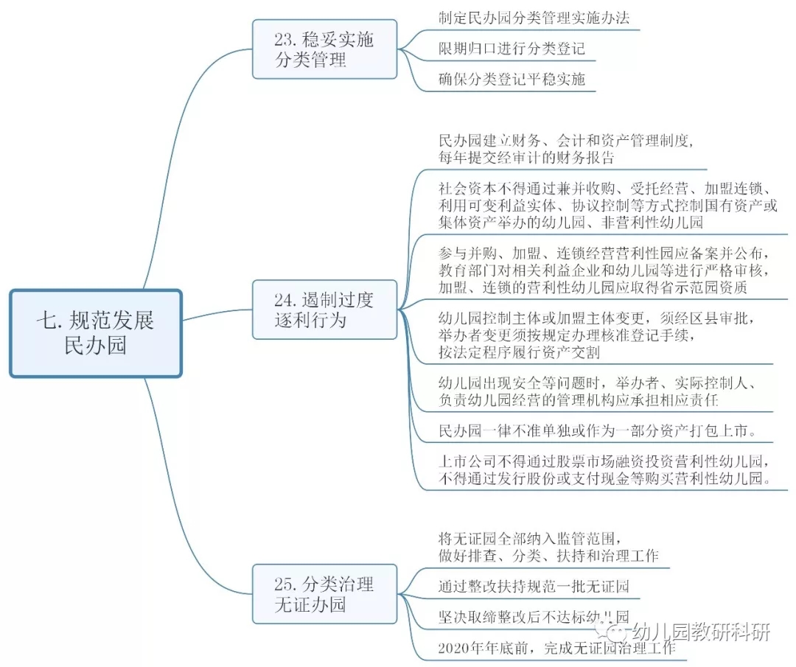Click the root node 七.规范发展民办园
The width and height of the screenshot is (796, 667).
[x=96, y=333]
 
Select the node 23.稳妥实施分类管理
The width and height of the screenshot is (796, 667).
[x=324, y=49]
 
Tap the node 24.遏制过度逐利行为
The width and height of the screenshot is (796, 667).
[x=324, y=310]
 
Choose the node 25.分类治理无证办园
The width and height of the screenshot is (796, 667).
[x=324, y=595]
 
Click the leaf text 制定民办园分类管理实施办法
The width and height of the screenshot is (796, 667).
[x=534, y=18]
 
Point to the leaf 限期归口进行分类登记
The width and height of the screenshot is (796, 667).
[x=512, y=49]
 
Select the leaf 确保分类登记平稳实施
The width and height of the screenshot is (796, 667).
[x=512, y=79]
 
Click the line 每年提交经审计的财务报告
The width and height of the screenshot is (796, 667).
[x=526, y=157]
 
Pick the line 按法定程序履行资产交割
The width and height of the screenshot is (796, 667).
[x=518, y=352]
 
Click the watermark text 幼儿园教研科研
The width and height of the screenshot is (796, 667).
[x=700, y=632]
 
